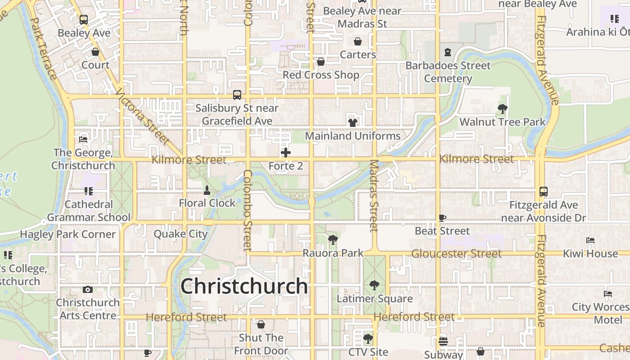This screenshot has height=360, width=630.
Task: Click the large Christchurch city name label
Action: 244,286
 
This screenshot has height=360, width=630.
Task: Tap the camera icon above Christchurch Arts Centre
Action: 88,289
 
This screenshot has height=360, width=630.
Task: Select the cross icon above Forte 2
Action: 286,153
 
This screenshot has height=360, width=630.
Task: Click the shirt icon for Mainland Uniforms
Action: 352,122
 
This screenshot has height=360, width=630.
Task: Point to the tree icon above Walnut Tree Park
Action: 503,108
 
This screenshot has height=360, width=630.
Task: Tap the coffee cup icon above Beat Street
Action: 442,218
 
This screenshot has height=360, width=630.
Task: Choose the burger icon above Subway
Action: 443,341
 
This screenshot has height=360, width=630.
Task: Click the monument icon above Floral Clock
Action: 207,190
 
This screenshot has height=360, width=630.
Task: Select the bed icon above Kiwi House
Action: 590,240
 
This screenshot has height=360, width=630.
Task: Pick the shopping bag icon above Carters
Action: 358,41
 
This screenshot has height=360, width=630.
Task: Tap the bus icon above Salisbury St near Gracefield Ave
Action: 237,95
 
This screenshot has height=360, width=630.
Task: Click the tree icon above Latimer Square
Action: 374,285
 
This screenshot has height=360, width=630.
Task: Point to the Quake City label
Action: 180,234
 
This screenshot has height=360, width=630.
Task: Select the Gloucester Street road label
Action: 456,254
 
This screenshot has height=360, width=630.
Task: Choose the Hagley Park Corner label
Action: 68,234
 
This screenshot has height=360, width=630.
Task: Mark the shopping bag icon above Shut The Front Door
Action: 261,324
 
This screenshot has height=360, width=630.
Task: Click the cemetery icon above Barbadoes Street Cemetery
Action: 448,52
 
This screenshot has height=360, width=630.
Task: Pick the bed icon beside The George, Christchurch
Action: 83,139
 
